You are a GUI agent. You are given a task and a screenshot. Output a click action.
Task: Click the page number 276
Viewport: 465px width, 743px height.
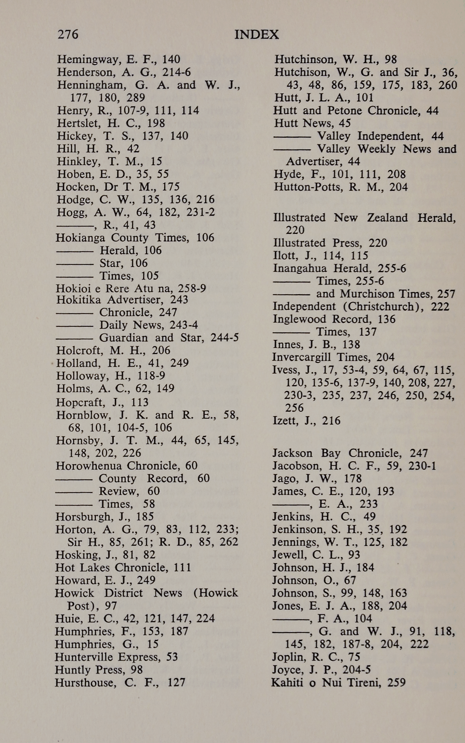click(x=68, y=34)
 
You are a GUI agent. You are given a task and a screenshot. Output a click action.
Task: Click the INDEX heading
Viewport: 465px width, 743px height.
click(x=256, y=35)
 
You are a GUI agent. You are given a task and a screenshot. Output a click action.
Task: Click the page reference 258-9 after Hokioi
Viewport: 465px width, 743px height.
click(x=192, y=289)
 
